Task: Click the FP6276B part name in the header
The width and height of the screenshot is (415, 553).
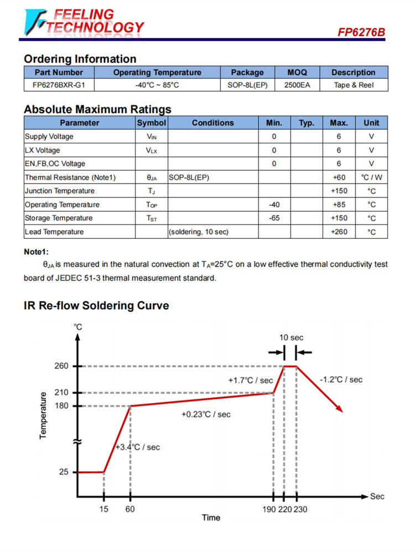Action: click(361, 33)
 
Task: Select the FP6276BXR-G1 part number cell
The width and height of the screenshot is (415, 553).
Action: click(59, 85)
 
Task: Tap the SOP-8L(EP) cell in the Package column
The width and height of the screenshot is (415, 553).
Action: click(247, 85)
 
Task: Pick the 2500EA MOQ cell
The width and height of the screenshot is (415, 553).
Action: click(297, 85)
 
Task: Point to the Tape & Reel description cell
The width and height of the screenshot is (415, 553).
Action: click(354, 85)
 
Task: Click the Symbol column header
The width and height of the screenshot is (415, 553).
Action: click(151, 123)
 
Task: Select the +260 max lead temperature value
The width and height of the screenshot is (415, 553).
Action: click(339, 232)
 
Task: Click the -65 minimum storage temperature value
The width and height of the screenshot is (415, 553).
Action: click(274, 218)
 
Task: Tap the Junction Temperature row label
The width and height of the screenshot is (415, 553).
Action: click(60, 191)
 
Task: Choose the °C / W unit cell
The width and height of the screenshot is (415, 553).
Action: click(371, 178)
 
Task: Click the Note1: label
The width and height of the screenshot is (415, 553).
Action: click(36, 252)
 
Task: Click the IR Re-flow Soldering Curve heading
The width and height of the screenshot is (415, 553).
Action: click(96, 306)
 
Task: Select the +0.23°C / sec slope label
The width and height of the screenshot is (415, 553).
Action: click(206, 414)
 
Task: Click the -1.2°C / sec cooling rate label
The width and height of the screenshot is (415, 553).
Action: click(341, 379)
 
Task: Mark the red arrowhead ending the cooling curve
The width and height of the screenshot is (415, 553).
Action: click(340, 409)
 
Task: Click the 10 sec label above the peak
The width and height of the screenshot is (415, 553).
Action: click(291, 337)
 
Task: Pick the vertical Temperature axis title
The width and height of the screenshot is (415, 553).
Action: click(44, 415)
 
